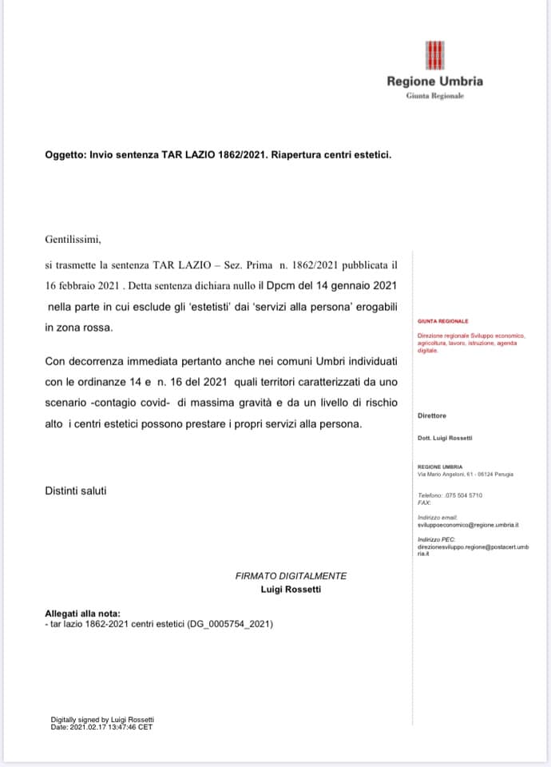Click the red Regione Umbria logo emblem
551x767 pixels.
[x=434, y=55]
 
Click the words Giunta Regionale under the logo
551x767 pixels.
[x=434, y=96]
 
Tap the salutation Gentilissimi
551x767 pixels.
[x=73, y=238]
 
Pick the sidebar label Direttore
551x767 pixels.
[x=432, y=415]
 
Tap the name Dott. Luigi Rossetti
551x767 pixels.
[x=445, y=438]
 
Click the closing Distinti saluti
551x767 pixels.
[x=75, y=491]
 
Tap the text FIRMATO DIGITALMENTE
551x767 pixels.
[x=291, y=576]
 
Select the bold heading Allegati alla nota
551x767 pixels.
[x=82, y=614]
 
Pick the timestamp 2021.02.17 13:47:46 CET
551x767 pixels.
[x=113, y=727]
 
